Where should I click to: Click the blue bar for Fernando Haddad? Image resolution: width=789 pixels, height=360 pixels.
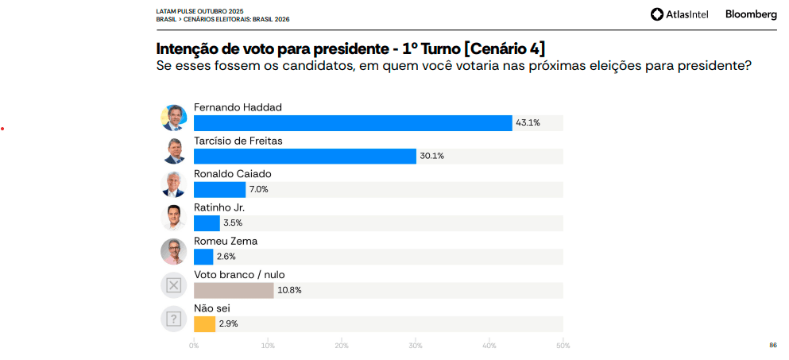353,123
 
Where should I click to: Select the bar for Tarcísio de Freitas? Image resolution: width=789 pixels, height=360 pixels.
304,157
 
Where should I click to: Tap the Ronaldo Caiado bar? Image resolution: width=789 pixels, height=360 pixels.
219,190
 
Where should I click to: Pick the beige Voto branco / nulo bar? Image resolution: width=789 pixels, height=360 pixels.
233,290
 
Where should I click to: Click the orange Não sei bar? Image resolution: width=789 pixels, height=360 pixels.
204,323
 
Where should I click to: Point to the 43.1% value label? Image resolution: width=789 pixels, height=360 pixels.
528,123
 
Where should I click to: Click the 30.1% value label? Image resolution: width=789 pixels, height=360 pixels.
431,157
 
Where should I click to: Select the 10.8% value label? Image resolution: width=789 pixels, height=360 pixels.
288,290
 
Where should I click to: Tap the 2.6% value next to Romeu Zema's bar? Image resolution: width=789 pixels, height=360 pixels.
226,257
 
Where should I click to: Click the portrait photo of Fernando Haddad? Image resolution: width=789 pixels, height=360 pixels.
173,118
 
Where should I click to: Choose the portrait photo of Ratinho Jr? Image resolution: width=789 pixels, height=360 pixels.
173,218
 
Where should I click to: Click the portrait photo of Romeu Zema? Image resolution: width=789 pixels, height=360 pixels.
173,251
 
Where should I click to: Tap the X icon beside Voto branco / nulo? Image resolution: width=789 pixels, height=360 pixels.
173,285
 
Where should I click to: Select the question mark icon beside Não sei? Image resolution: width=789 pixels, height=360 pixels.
173,319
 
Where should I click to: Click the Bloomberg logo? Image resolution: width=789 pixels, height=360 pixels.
751,14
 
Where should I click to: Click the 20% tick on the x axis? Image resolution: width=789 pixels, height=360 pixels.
342,345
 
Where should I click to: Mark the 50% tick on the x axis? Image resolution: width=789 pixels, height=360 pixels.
563,345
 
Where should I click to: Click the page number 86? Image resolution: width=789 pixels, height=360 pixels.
772,345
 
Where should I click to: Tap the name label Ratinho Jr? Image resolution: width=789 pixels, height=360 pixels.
214,207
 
